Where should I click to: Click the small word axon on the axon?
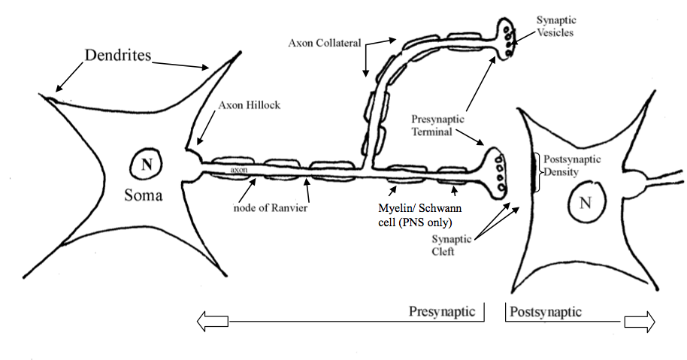239,171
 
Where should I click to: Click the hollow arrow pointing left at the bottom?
212,321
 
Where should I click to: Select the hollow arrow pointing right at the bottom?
639,321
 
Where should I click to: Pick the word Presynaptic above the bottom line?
441,310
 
